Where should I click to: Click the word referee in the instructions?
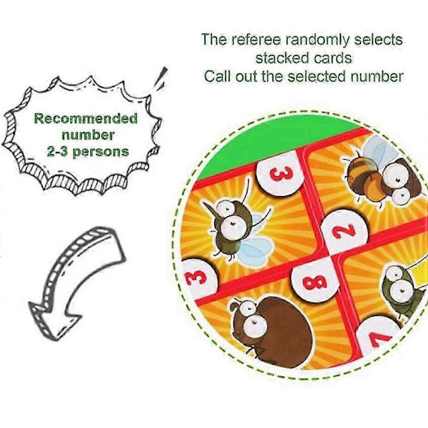256,39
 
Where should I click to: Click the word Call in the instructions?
218,76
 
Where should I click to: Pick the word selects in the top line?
378,39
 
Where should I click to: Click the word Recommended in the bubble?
86,119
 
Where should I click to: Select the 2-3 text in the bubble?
57,151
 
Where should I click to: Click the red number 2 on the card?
344,231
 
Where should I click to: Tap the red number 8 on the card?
315,282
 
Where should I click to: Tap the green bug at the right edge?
404,290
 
